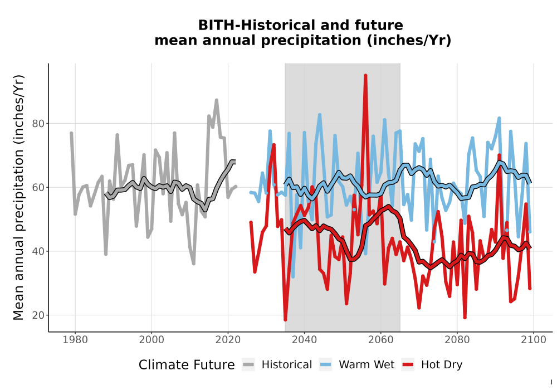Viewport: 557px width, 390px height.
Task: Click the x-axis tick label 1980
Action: click(x=75, y=340)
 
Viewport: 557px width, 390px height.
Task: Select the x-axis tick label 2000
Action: click(x=152, y=340)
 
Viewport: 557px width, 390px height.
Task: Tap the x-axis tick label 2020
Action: click(x=228, y=340)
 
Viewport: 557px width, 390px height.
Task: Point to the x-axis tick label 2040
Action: click(x=305, y=340)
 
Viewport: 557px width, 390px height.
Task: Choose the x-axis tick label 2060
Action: click(x=381, y=340)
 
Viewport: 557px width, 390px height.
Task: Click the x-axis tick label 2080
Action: click(x=457, y=340)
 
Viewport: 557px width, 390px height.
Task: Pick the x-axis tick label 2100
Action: click(x=534, y=340)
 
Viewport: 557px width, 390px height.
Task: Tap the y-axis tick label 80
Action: click(x=38, y=124)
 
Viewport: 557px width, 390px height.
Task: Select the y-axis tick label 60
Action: click(x=38, y=188)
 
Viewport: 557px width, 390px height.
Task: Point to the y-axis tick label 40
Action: click(x=38, y=251)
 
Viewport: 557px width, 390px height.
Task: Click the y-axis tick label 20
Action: click(x=38, y=315)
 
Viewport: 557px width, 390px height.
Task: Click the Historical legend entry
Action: click(x=277, y=365)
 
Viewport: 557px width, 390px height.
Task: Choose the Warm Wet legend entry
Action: click(x=356, y=365)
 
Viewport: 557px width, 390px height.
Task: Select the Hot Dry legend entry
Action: click(x=432, y=365)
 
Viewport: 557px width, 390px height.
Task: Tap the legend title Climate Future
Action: click(x=187, y=365)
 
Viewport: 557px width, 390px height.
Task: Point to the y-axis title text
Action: click(x=18, y=197)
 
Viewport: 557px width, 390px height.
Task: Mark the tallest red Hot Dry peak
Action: click(x=365, y=76)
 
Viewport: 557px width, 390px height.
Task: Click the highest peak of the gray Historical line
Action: click(x=216, y=100)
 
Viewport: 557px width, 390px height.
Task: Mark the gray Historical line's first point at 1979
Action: click(x=71, y=133)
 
